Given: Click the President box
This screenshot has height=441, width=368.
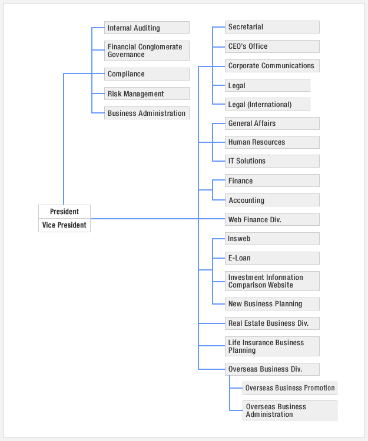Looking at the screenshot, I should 64,212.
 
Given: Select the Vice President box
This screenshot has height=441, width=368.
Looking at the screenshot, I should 64,225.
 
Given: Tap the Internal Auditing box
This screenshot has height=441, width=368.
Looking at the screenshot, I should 147,28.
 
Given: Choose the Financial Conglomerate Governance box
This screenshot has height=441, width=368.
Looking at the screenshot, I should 147,51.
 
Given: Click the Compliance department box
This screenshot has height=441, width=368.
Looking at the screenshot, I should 147,74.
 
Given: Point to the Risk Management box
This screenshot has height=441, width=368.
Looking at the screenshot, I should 147,93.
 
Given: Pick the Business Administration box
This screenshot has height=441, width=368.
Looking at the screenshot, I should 147,113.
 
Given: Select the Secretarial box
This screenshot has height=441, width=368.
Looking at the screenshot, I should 272,27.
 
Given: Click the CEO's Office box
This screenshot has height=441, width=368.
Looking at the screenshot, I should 272,46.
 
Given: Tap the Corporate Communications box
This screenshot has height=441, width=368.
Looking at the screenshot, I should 272,66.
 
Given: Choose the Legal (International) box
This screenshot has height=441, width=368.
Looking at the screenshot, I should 267,104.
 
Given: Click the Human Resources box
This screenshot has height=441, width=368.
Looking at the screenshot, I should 272,142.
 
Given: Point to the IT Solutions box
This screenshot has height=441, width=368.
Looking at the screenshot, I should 272,161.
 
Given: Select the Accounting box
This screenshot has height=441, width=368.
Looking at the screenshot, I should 272,200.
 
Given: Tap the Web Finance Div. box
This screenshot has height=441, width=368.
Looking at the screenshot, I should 272,219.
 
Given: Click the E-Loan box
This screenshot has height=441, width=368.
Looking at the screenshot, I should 272,258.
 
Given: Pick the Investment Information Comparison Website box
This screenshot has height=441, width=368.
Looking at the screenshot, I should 272,281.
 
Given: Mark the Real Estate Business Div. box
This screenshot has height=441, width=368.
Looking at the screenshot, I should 272,323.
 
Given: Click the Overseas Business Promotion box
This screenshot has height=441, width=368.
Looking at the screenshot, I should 290,388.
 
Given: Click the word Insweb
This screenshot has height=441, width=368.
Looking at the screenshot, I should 239,239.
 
